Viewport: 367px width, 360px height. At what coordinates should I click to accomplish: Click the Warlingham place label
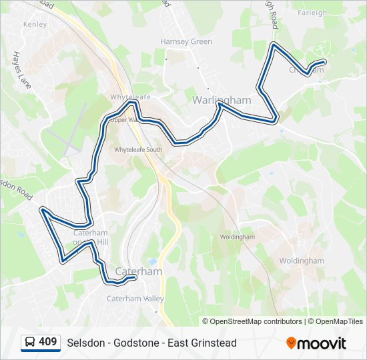click(222, 100)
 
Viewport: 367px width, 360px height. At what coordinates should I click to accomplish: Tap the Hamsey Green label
click(186, 41)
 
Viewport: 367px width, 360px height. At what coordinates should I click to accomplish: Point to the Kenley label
click(35, 24)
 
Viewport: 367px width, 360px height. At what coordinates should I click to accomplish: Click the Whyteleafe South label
click(138, 150)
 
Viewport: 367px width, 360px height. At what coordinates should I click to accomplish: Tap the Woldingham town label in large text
click(301, 261)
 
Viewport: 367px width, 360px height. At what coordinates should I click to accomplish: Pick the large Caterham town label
click(139, 272)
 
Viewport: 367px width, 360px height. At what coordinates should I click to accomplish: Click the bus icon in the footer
click(30, 343)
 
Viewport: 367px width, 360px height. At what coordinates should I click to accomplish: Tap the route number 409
click(48, 342)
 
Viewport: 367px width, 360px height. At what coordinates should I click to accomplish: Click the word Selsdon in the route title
click(85, 343)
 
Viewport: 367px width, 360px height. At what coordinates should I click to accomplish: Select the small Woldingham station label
click(238, 237)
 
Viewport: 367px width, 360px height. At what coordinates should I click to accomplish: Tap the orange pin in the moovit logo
click(292, 343)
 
